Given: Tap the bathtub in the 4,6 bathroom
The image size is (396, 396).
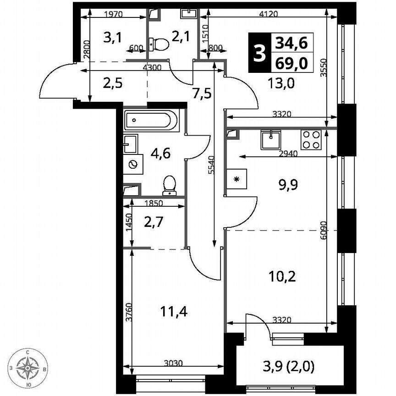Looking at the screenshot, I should point(150,121).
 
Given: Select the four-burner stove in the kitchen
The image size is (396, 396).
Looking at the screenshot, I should point(311,139).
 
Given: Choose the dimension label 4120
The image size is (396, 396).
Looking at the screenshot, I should point(268,14).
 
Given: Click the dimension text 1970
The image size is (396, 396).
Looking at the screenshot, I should point(113,14).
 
